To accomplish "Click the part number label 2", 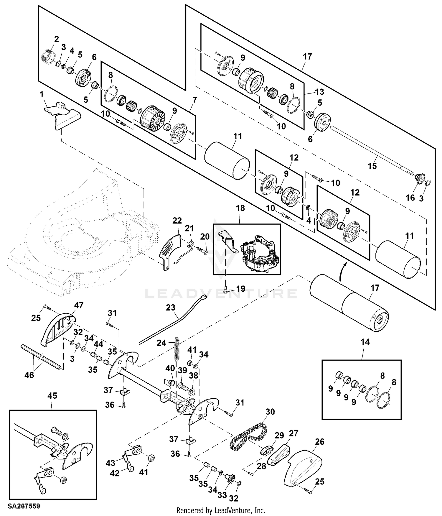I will click(x=56, y=39).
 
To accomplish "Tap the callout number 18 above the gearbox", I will click(x=240, y=208).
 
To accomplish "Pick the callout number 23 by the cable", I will click(x=171, y=308).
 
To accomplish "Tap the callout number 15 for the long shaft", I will click(x=372, y=166).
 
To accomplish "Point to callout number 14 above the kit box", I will click(x=365, y=342).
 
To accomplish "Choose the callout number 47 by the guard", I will click(x=79, y=305).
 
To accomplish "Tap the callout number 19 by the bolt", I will click(x=241, y=289).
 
